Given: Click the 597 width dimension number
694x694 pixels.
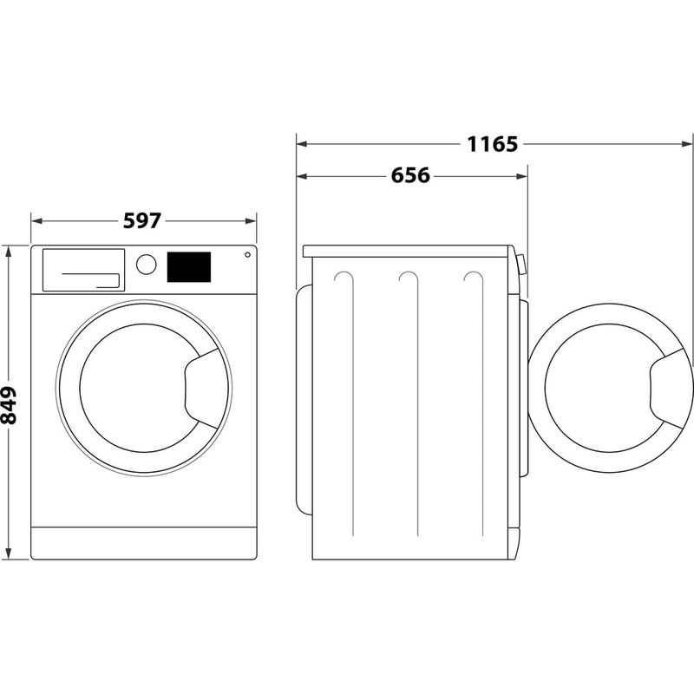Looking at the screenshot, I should tap(141, 220).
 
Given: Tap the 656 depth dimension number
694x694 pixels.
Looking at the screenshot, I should tap(410, 176).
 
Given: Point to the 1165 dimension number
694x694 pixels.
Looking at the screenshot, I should tap(493, 144).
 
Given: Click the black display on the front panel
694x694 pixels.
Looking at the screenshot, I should tap(189, 266).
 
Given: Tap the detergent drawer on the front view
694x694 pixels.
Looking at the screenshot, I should tap(82, 270).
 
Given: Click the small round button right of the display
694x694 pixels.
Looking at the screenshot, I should tap(248, 255).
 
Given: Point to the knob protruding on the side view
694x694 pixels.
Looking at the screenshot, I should tap(521, 264).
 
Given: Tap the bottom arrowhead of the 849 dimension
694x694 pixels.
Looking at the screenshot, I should tap(10, 553).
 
